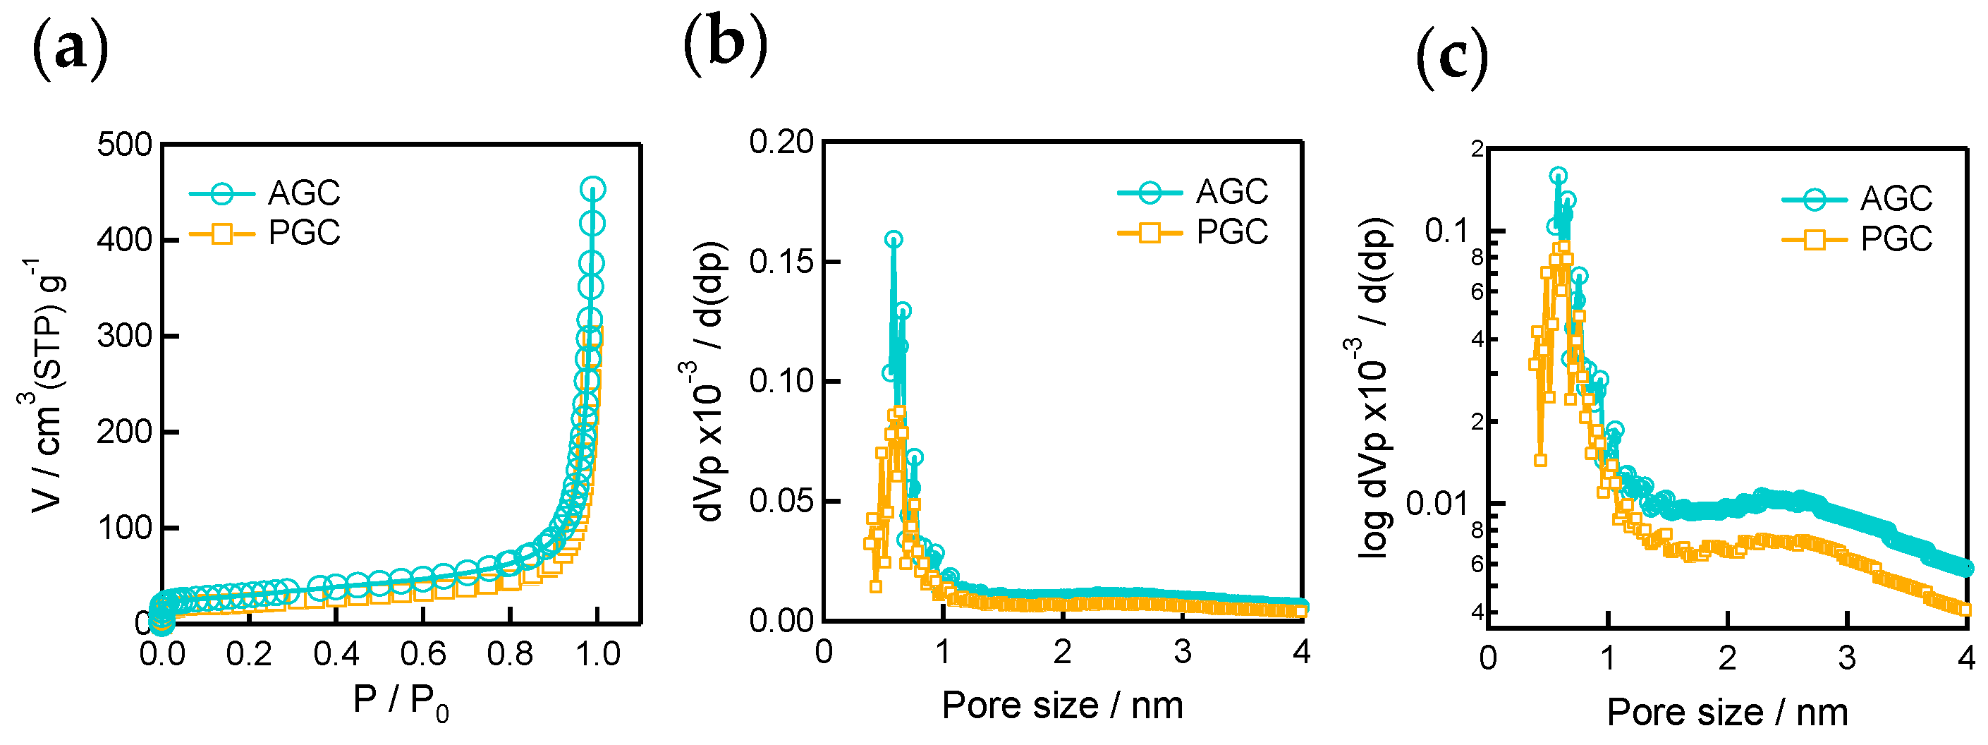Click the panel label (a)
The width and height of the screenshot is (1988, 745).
click(69, 50)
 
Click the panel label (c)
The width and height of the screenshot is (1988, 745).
click(1451, 57)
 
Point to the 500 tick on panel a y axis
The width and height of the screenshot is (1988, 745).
click(124, 145)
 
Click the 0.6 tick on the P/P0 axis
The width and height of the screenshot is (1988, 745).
click(423, 654)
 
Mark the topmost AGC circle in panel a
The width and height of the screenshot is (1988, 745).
click(592, 189)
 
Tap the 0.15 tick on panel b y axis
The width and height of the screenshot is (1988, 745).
click(781, 262)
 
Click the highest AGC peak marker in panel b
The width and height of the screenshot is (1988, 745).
click(894, 239)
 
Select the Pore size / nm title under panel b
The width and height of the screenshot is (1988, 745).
click(1062, 705)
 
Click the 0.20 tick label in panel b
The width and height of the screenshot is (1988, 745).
click(781, 142)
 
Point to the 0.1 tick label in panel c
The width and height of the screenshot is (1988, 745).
click(1445, 230)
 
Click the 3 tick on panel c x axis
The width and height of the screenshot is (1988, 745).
click(1846, 658)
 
